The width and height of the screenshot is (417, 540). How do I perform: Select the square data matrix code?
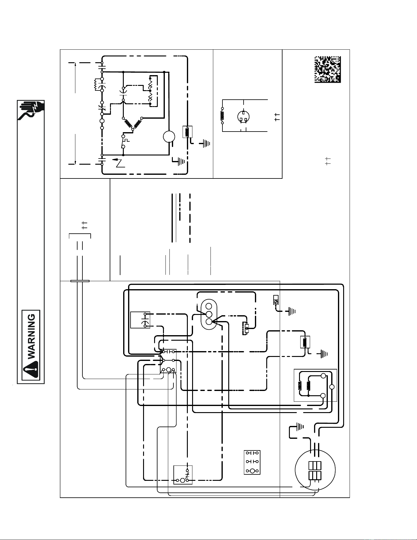click(x=328, y=69)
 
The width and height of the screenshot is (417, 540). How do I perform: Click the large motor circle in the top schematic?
click(x=169, y=136)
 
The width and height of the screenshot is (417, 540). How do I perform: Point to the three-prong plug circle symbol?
click(x=243, y=117)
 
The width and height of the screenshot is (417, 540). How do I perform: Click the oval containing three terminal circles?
click(x=209, y=314)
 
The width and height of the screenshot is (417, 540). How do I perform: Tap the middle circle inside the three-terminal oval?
click(x=209, y=314)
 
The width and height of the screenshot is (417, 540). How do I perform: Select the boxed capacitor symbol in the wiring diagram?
click(x=140, y=320)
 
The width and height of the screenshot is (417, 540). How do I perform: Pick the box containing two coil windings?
click(x=315, y=385)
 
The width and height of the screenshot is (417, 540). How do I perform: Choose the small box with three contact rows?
click(x=252, y=462)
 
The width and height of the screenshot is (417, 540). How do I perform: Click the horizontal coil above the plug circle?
click(x=222, y=116)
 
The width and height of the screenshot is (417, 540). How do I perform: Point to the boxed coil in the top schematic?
click(x=187, y=132)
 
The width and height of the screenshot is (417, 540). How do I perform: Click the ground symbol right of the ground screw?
click(x=291, y=312)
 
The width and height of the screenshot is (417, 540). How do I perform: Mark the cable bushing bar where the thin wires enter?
click(x=80, y=281)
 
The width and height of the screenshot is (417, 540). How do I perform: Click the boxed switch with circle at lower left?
click(x=183, y=475)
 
